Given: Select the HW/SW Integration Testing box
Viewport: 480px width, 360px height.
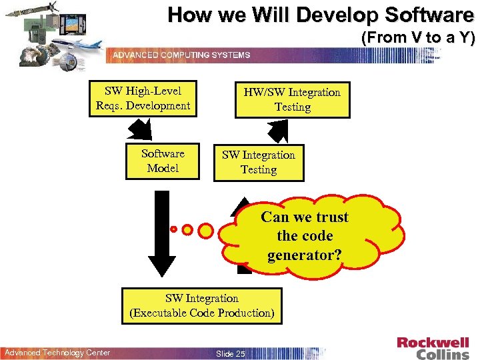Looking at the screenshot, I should click(x=292, y=99).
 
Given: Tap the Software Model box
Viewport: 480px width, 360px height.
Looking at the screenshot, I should click(x=163, y=161).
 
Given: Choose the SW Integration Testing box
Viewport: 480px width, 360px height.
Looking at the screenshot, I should click(x=259, y=163).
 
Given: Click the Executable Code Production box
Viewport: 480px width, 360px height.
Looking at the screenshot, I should click(x=202, y=306).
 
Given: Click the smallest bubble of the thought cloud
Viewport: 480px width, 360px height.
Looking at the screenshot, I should click(x=173, y=229).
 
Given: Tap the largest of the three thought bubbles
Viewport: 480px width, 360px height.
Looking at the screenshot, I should click(x=207, y=230).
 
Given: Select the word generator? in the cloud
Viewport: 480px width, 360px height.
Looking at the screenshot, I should click(x=304, y=255).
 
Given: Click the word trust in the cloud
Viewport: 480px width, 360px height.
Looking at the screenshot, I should click(x=333, y=217).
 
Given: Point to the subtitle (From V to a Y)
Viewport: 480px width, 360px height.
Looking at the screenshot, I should click(x=417, y=38).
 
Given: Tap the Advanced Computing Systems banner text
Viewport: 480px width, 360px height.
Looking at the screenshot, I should click(x=181, y=55).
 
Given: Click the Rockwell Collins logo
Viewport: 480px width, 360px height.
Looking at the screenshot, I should click(x=433, y=348).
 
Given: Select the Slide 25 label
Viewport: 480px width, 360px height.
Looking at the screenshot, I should click(x=231, y=353).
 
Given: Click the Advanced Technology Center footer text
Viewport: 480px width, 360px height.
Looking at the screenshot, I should click(x=57, y=352).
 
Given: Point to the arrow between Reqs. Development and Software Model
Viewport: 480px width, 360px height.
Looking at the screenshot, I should click(x=141, y=129).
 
